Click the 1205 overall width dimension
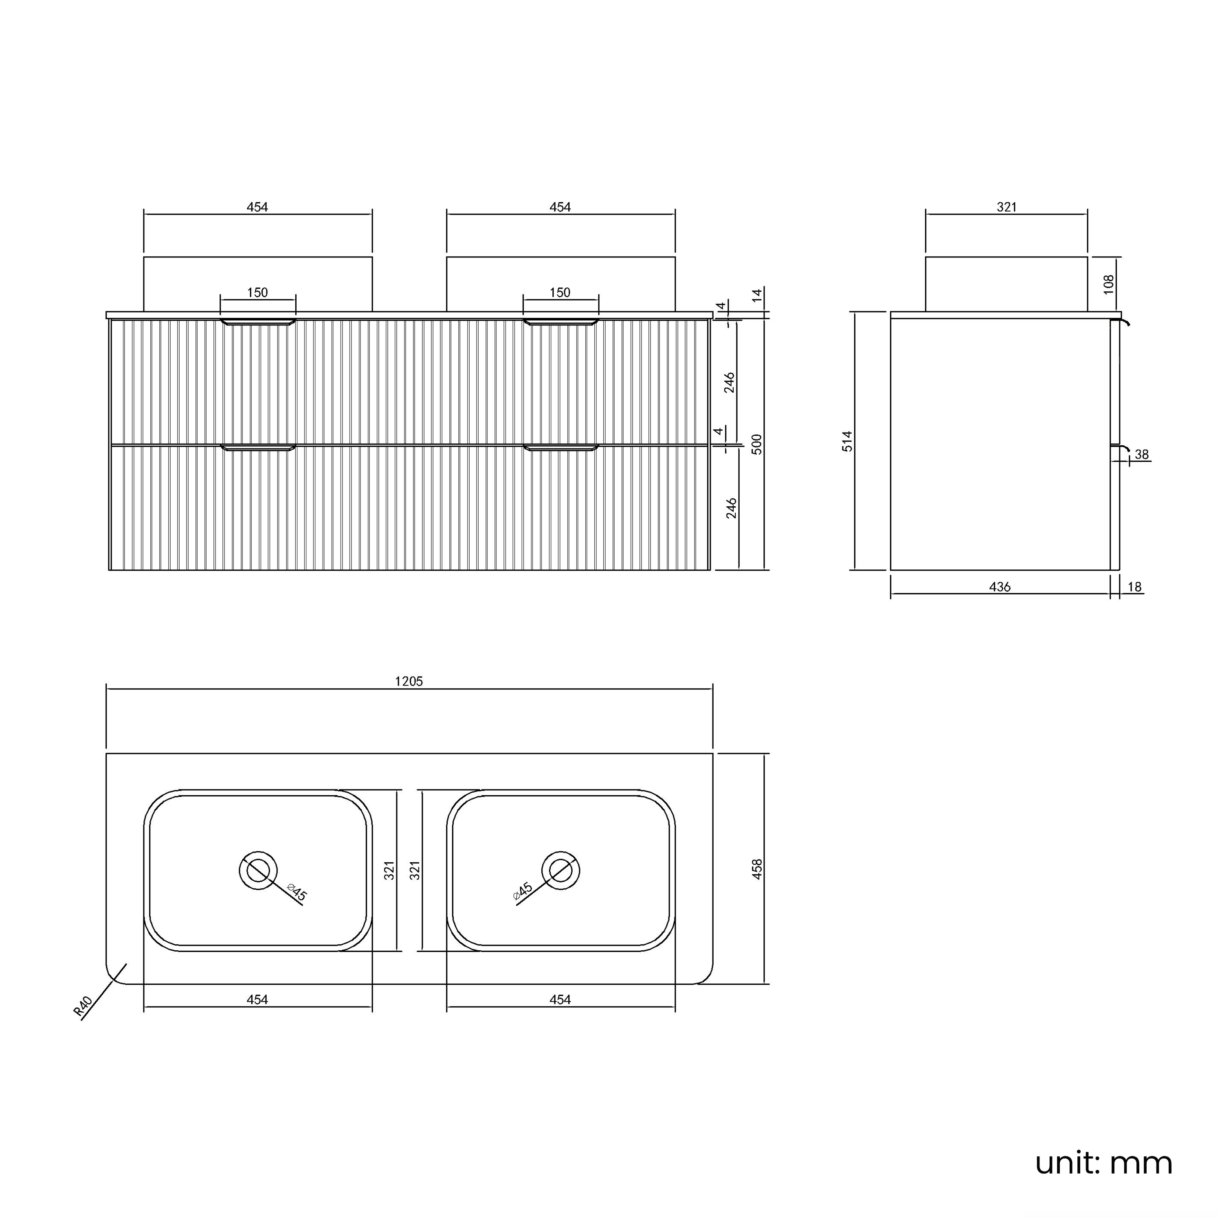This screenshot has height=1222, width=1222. tap(409, 681)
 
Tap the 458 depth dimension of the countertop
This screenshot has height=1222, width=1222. tap(757, 869)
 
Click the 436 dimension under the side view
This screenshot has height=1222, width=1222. tap(1000, 587)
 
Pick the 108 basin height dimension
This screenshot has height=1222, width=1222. tap(1108, 284)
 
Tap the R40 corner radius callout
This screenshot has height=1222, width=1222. tap(83, 1006)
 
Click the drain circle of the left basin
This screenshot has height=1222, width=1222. tap(258, 870)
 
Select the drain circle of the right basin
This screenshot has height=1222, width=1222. tap(561, 870)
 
